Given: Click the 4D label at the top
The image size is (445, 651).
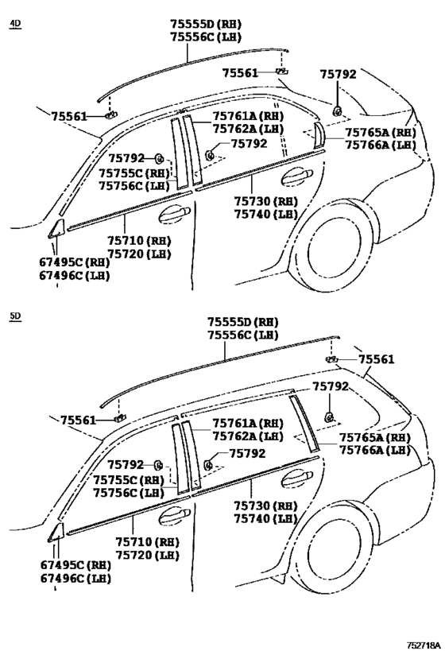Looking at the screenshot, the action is pyautogui.click(x=15, y=24).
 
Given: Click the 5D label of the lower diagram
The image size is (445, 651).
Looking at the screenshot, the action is pyautogui.click(x=15, y=316).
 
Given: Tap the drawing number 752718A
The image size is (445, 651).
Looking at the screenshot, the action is pyautogui.click(x=423, y=645).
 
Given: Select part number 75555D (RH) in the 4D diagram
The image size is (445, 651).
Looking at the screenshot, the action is pyautogui.click(x=206, y=24).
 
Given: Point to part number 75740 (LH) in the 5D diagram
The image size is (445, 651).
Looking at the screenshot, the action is pyautogui.click(x=265, y=518).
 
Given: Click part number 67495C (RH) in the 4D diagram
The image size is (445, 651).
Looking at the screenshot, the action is pyautogui.click(x=75, y=262).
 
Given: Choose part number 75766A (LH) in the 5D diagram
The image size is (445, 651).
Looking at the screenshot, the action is pyautogui.click(x=375, y=451).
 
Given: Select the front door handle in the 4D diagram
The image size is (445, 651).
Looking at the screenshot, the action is pyautogui.click(x=174, y=213).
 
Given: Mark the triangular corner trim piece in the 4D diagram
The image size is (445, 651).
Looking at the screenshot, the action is pyautogui.click(x=56, y=229).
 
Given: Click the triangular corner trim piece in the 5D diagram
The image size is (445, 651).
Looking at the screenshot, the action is pyautogui.click(x=56, y=533).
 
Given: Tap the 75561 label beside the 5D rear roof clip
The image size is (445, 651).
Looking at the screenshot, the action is pyautogui.click(x=377, y=359).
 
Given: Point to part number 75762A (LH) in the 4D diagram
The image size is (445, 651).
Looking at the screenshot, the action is pyautogui.click(x=248, y=129).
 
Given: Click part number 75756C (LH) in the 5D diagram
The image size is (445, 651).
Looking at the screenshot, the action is pyautogui.click(x=129, y=493).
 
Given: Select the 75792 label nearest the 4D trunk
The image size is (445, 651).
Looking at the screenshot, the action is pyautogui.click(x=338, y=74).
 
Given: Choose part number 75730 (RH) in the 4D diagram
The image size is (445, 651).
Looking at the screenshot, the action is pyautogui.click(x=265, y=201).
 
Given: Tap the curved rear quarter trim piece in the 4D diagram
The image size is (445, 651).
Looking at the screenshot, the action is pyautogui.click(x=319, y=134).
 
